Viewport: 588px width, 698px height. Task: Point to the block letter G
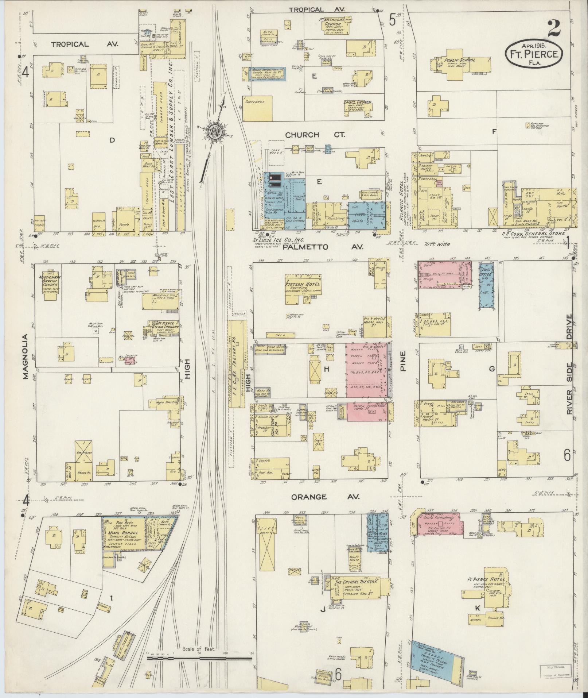point(492,369)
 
